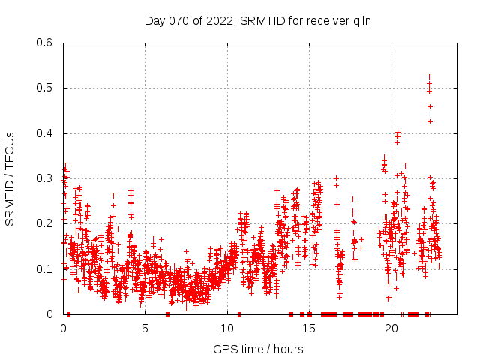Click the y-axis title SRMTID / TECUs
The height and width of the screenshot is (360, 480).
(x=10, y=179)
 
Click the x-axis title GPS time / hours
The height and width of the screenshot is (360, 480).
(x=258, y=349)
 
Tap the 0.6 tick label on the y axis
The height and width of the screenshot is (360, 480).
(x=47, y=43)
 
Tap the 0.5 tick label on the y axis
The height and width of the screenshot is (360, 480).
(x=47, y=88)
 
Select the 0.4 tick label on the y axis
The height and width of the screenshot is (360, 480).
(x=47, y=133)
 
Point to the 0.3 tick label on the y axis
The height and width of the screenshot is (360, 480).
(x=47, y=178)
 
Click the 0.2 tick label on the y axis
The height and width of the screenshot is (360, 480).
(x=47, y=223)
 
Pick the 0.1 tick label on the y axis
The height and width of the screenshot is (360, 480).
(x=47, y=268)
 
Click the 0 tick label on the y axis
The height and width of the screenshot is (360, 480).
(x=53, y=314)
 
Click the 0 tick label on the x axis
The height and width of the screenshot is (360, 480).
(x=63, y=328)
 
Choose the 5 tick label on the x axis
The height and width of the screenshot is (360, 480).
(x=145, y=328)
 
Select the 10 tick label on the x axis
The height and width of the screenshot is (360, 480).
(x=228, y=328)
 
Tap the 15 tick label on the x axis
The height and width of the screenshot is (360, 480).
(x=310, y=328)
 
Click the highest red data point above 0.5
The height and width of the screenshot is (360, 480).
(x=429, y=76)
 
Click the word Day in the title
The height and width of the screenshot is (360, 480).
(x=154, y=20)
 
